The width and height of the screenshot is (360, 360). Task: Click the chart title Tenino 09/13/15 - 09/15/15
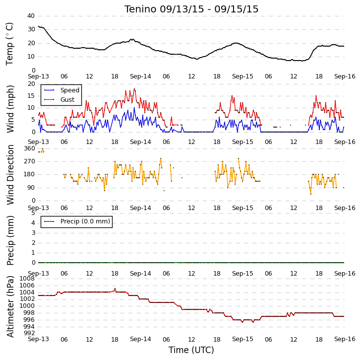[191, 9]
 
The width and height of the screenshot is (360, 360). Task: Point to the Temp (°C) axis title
[9, 44]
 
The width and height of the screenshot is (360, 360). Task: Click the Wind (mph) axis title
[10, 109]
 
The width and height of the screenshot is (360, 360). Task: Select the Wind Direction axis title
[10, 175]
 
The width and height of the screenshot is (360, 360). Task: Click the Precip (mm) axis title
[10, 240]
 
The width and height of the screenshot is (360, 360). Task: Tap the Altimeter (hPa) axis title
[10, 307]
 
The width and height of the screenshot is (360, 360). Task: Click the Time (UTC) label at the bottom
[191, 350]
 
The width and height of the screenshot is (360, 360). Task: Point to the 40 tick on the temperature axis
[31, 16]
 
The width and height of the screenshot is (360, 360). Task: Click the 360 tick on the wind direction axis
[30, 148]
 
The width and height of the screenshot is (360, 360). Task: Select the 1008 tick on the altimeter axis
[27, 279]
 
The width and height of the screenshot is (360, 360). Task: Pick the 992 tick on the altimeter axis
[29, 333]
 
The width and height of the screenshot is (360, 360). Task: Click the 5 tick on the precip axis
[34, 213]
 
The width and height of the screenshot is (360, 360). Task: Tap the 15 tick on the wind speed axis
[31, 96]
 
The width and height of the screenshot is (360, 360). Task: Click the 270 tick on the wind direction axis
[30, 161]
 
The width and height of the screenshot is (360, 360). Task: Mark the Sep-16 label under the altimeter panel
[345, 339]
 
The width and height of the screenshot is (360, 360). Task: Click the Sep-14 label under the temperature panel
[140, 76]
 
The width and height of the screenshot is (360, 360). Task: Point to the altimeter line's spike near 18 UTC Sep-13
[115, 288]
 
